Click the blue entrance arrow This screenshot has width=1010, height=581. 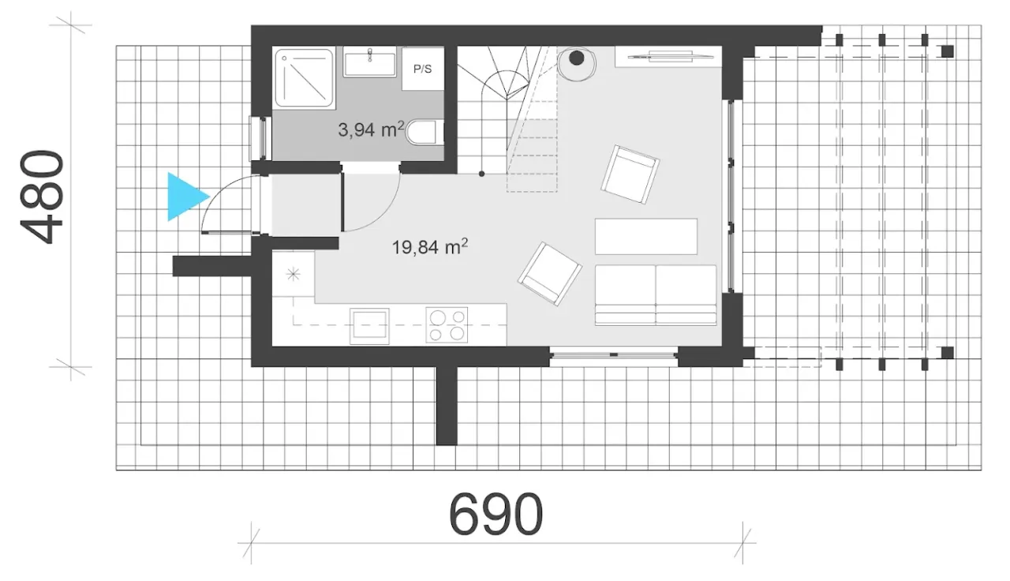click(184, 197)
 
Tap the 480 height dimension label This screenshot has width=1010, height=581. click(42, 197)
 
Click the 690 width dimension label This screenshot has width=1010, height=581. click(496, 513)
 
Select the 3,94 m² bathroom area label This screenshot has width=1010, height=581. click(371, 130)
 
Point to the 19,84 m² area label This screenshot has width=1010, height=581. click(430, 247)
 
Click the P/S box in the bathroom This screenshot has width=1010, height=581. click(422, 69)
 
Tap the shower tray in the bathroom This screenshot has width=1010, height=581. click(305, 78)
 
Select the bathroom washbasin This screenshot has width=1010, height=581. click(370, 62)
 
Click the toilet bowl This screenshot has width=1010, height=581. click(423, 132)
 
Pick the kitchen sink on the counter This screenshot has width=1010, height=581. click(370, 326)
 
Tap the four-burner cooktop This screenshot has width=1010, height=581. click(447, 324)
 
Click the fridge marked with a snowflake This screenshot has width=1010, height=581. click(294, 274)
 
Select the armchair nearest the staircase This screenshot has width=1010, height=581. click(630, 174)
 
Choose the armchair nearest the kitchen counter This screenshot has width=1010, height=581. click(550, 274)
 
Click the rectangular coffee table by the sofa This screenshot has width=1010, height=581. click(645, 236)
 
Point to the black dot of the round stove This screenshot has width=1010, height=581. click(576, 58)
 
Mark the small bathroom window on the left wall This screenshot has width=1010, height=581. click(260, 138)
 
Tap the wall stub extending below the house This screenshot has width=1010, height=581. click(447, 405)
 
